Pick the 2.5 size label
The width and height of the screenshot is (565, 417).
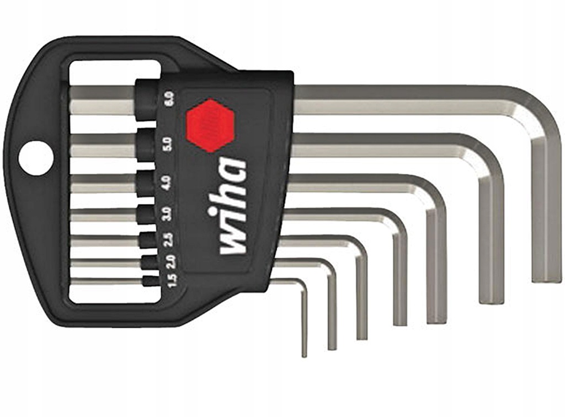[169, 239]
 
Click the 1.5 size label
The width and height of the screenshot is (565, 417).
[172, 281]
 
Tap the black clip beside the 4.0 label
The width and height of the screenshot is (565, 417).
[146, 181]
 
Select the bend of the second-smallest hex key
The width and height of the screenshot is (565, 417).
[329, 267]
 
